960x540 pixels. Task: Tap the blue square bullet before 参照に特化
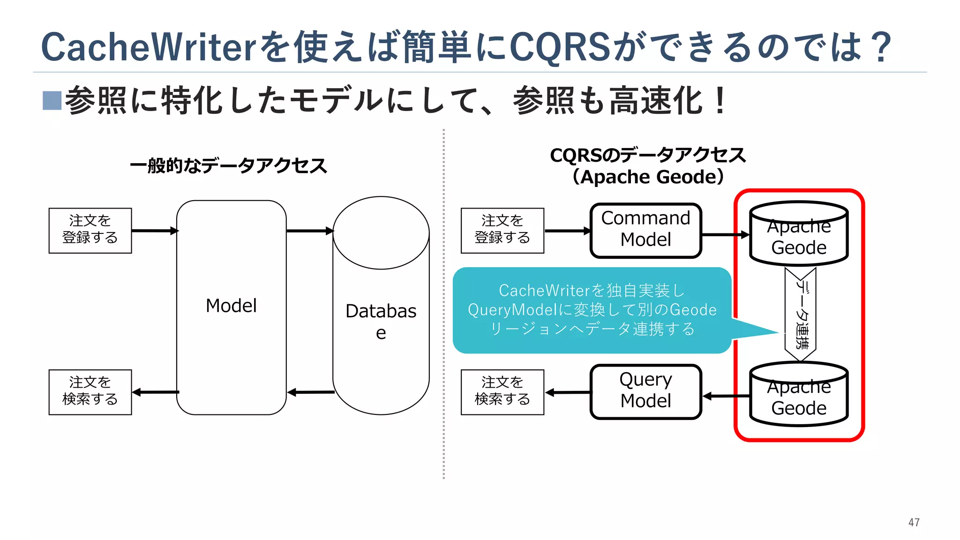pos(52,100)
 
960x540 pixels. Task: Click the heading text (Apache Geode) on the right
pos(648,177)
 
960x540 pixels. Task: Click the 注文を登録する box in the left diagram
pos(90,231)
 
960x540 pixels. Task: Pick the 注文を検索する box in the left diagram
pos(90,392)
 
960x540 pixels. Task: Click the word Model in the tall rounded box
pos(231,306)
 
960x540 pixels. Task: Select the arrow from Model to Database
pos(309,231)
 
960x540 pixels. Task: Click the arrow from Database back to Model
pos(310,392)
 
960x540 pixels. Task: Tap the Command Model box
pos(645,230)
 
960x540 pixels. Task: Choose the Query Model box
pos(645,391)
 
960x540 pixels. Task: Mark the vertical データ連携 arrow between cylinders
pos(801,314)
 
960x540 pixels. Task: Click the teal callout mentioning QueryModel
pos(592,310)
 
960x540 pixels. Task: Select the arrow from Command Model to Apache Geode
pos(725,234)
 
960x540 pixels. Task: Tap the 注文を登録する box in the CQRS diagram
pos(502,231)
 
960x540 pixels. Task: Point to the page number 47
pos(914,522)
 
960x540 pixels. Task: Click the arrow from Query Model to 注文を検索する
pos(568,392)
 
